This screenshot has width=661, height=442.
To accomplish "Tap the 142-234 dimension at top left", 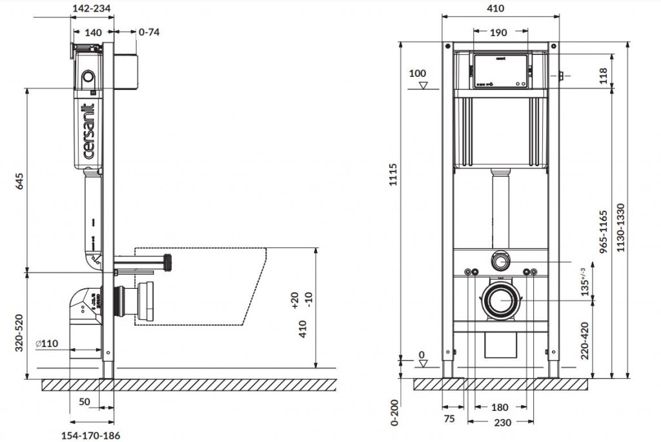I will [x=92, y=8].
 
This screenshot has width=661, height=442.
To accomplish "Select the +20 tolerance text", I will [x=294, y=301].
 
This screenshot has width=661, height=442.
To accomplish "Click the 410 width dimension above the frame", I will [x=495, y=8].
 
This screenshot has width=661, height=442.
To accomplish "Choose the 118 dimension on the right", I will [x=603, y=76].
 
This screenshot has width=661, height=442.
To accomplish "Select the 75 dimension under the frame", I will [x=450, y=419].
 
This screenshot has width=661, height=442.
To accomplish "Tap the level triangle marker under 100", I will [x=423, y=85].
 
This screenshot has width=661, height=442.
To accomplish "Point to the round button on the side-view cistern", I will [x=88, y=79].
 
